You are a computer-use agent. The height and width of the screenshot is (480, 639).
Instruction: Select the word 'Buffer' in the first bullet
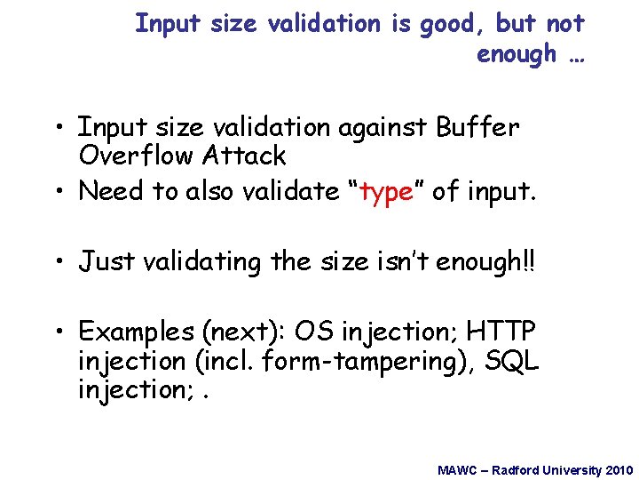coord(477,128)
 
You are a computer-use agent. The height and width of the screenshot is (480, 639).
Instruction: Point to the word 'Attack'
coord(245,156)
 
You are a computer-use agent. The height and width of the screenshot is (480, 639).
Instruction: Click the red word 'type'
coord(387,192)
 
